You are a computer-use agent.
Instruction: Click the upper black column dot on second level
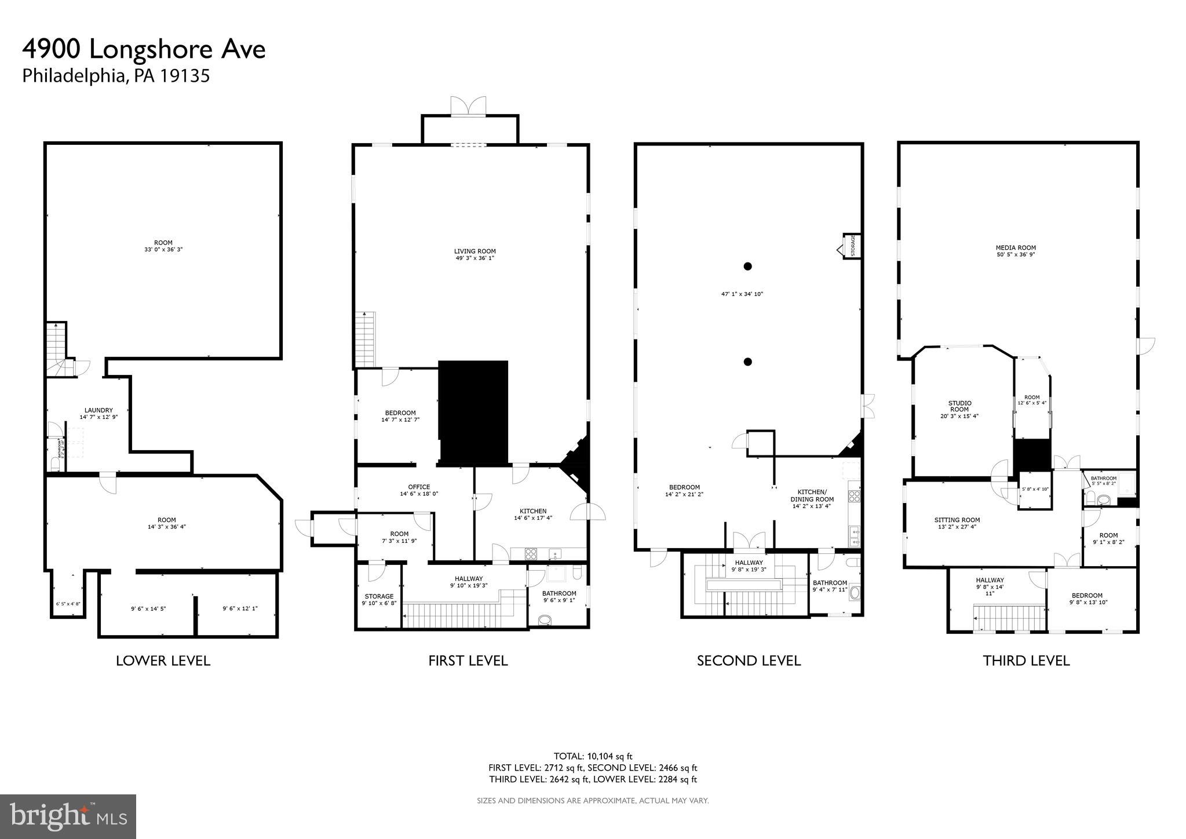click(x=747, y=267)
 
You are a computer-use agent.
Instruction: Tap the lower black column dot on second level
click(x=747, y=362)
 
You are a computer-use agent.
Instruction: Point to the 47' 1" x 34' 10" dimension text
click(x=742, y=294)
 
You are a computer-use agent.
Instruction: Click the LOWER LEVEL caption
click(x=163, y=661)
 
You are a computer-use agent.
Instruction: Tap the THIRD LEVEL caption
click(x=1026, y=661)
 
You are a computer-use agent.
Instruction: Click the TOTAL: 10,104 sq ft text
click(x=593, y=756)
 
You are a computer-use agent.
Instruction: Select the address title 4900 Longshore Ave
click(x=144, y=50)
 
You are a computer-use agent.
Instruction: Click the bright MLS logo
click(x=68, y=816)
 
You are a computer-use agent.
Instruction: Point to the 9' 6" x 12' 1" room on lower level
click(x=240, y=608)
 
